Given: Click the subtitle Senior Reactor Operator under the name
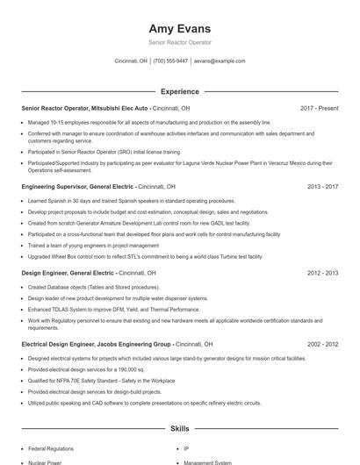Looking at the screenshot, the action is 180,42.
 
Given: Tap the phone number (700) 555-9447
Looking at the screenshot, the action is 170,61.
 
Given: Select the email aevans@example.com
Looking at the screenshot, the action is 220,61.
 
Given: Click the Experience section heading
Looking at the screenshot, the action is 180,91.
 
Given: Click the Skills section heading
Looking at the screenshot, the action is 180,429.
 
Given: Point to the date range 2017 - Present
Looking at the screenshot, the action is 319,108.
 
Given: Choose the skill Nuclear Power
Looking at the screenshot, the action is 46,462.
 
